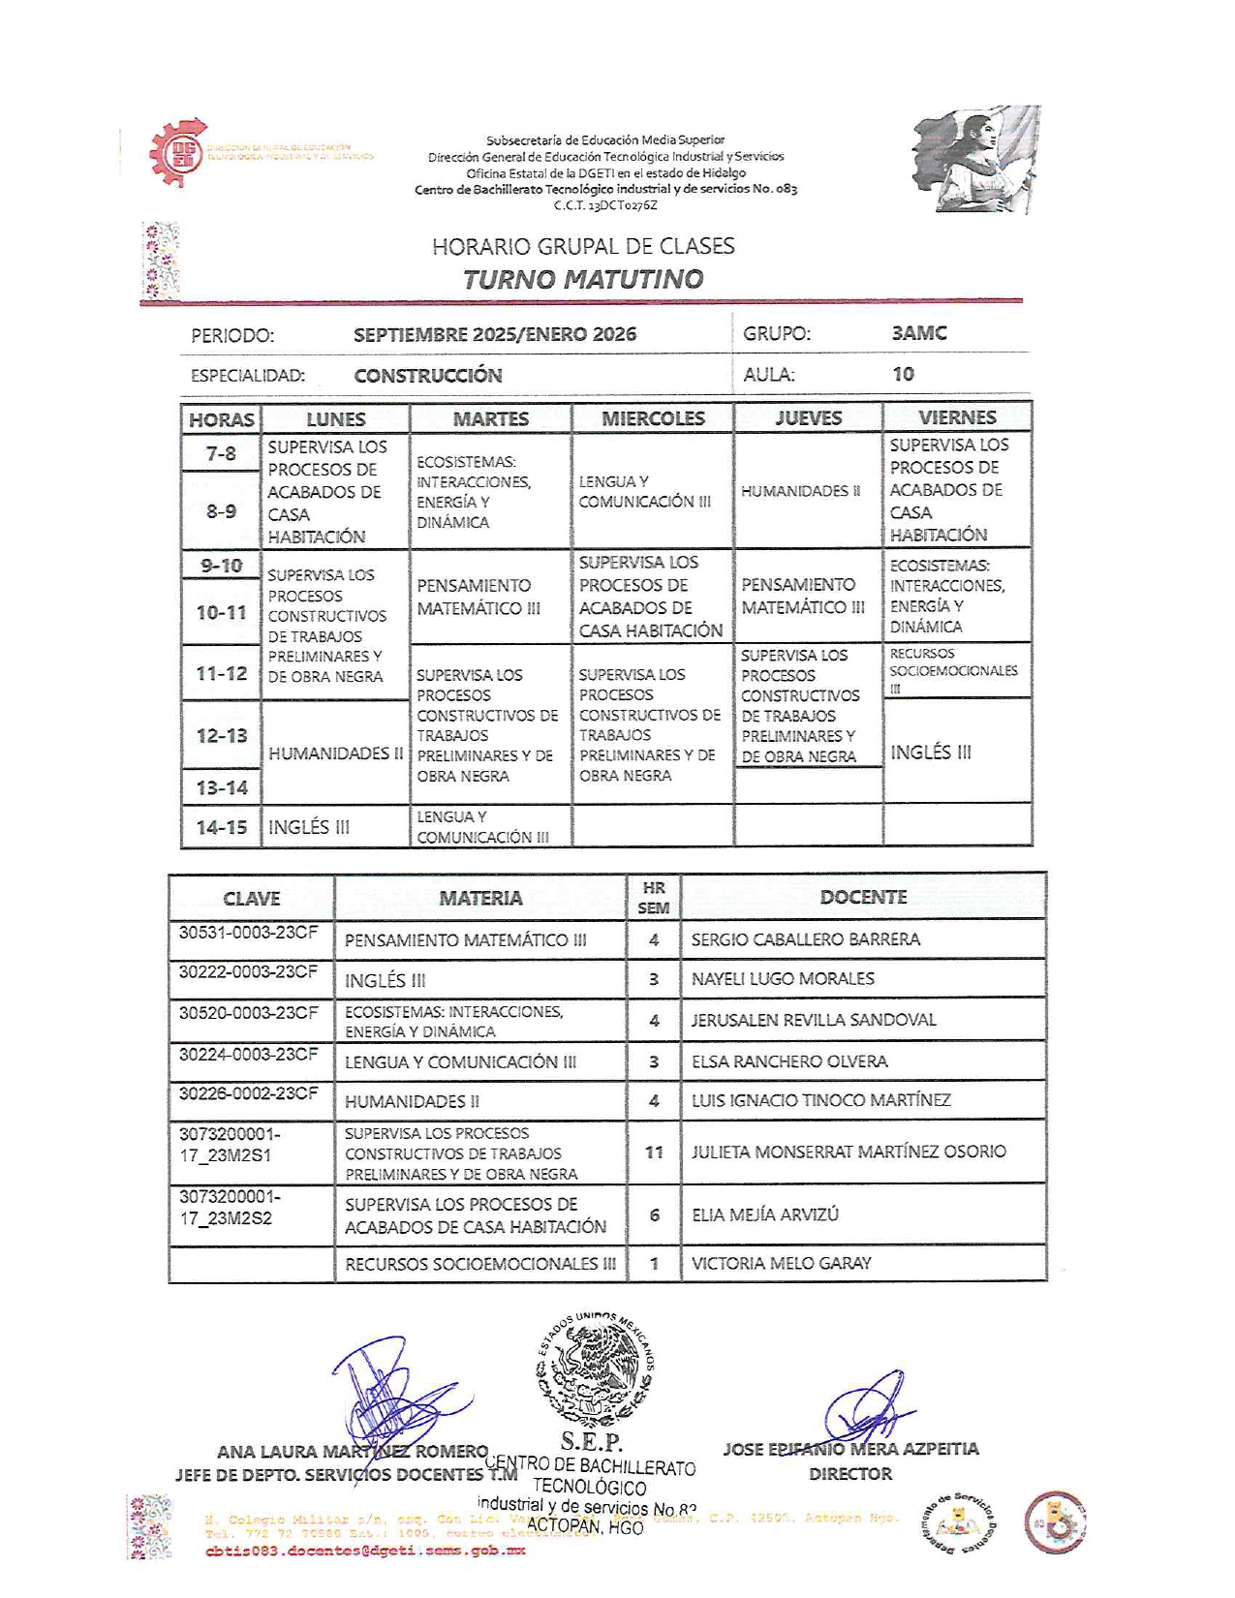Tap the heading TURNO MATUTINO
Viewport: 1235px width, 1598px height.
coord(582,279)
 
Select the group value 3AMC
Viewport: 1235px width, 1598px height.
coord(918,333)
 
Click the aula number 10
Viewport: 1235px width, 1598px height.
coord(903,374)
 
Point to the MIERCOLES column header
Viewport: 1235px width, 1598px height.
coord(653,418)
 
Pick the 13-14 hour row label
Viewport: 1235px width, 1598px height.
coord(222,787)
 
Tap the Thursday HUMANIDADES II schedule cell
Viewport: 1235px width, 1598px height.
coord(800,491)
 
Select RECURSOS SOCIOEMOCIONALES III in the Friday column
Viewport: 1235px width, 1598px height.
coord(953,670)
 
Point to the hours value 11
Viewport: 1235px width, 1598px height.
coord(654,1152)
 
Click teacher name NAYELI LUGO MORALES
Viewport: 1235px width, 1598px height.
coord(783,979)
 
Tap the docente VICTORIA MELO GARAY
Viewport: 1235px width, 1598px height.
coord(781,1263)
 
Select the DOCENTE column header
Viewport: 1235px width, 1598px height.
coord(863,897)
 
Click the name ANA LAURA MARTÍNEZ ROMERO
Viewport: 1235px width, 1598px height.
coord(353,1452)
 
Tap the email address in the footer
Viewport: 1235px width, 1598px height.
coord(365,1551)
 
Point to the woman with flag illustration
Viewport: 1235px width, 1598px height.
coord(975,159)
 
